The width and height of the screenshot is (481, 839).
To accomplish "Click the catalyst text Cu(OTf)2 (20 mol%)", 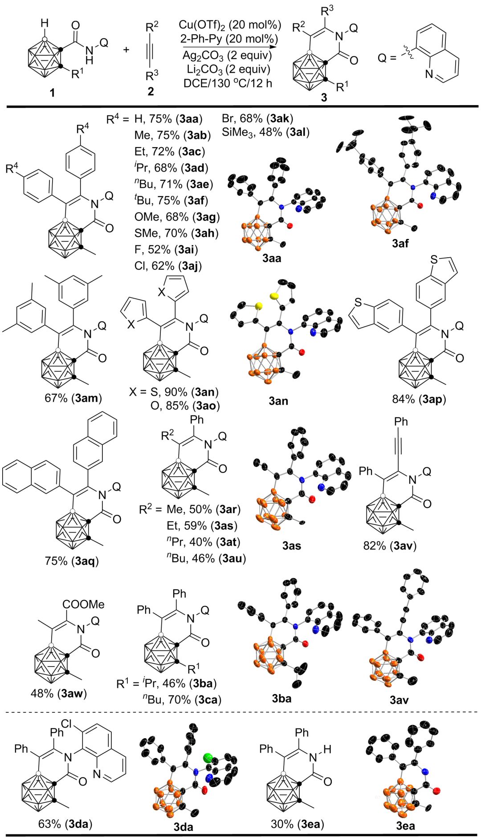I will coord(230,25).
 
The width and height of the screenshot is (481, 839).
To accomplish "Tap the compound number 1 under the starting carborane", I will coord(53,93).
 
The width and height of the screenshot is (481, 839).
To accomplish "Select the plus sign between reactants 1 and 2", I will coord(126,49).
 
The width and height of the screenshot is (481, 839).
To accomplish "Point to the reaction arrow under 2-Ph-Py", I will coord(229,46).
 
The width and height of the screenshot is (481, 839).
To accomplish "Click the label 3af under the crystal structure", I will coord(400,243).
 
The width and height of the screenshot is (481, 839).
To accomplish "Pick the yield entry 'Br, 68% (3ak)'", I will coord(257,119).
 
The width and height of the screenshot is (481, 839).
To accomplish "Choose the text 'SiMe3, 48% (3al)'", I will coord(265,132).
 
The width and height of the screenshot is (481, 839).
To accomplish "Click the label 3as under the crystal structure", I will coord(292,546).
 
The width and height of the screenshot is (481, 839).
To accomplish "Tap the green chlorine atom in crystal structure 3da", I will coord(208,758).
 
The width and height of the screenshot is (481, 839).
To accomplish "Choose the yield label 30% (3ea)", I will coord(297,824).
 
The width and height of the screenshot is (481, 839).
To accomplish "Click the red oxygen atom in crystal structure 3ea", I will coord(436,791).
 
